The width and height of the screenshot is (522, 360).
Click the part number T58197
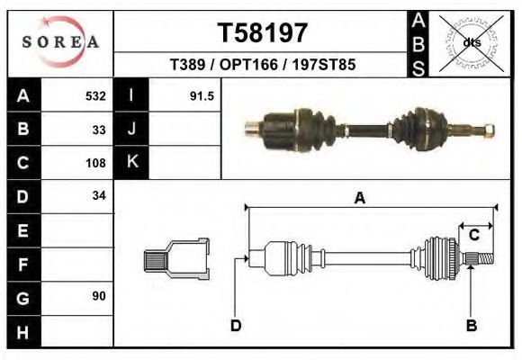[x=263, y=32]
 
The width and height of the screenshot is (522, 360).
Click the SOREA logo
[x=60, y=41]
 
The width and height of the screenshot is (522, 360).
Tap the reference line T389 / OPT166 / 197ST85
[x=262, y=66]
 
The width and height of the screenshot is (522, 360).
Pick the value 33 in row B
[x=99, y=129]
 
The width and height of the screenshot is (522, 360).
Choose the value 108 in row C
[x=95, y=163]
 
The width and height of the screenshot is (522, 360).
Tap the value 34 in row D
[x=99, y=195]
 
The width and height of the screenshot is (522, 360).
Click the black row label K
[x=132, y=162]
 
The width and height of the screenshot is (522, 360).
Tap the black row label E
[x=22, y=229]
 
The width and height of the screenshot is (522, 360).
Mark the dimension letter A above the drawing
[x=359, y=198]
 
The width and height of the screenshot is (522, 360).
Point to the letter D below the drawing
[x=236, y=325]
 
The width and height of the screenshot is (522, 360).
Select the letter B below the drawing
[x=471, y=325]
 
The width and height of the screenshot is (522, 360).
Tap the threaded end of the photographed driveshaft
[x=487, y=129]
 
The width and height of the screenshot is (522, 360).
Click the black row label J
[x=132, y=129]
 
